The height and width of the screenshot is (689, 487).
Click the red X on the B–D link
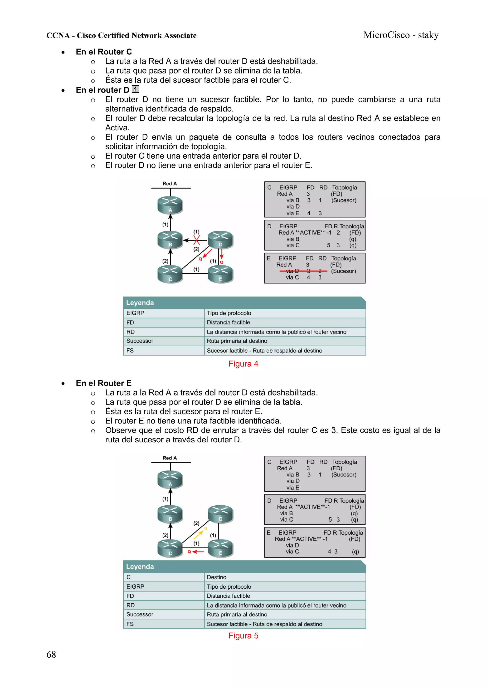[x=197, y=240]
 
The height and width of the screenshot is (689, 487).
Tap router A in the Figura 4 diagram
[x=170, y=205]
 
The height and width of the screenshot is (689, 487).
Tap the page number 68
[x=51, y=655]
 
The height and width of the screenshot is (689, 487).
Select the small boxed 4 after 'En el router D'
[x=135, y=89]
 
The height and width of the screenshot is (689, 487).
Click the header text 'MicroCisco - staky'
[x=401, y=35]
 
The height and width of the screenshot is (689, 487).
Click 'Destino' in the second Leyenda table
[x=217, y=577]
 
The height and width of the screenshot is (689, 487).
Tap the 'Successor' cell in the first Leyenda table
[x=140, y=341]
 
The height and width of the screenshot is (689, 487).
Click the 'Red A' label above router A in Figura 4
[x=170, y=183]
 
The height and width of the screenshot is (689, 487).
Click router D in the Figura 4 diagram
[x=220, y=240]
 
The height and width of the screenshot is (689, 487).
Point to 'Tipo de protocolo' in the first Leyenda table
[x=229, y=313]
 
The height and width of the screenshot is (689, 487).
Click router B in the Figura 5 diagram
[x=170, y=514]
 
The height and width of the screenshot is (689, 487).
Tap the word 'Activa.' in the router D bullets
[x=117, y=127]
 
